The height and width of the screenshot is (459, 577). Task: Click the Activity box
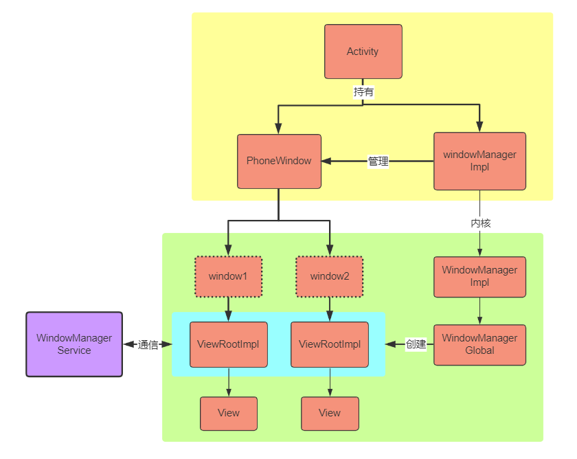point(363,52)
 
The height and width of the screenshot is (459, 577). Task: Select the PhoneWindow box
point(279,161)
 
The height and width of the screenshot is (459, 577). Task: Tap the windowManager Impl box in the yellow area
point(479,161)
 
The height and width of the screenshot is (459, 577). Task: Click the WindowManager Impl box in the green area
point(479,277)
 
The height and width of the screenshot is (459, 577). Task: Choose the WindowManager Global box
point(479,344)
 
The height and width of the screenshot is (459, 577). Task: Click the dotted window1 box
point(228,277)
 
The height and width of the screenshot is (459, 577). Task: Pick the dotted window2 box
point(329,277)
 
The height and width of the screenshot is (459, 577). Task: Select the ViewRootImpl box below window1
point(228,344)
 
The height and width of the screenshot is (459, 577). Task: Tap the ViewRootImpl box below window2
point(329,344)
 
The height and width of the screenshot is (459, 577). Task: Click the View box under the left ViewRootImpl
point(228,413)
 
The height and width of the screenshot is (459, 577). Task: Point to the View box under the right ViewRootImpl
point(329,413)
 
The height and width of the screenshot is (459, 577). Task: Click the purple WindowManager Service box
point(74,344)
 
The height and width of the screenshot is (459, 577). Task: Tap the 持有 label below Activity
point(363,92)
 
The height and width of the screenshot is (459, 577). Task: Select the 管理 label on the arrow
point(378,161)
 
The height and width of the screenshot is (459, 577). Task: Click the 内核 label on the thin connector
point(480,223)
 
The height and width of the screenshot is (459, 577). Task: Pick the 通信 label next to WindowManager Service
point(148,344)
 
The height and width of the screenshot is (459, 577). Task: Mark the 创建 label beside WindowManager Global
point(416,344)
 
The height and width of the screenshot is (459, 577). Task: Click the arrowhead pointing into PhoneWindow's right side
point(327,161)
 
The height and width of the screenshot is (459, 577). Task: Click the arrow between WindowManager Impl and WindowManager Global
point(479,311)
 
